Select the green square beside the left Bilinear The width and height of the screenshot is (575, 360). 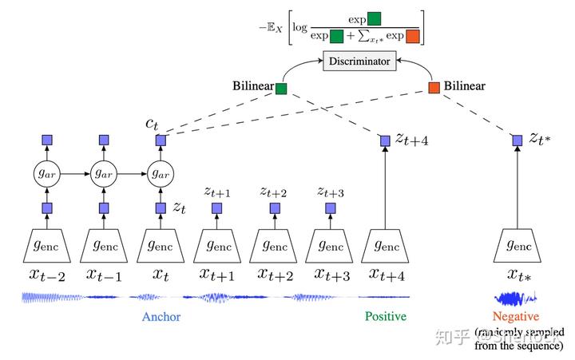click(x=281, y=88)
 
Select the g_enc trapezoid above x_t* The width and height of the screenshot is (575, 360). click(x=517, y=243)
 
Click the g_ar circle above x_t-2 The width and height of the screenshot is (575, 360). click(x=46, y=173)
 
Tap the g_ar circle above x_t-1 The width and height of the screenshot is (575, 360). click(x=103, y=173)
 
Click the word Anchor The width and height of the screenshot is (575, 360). click(x=161, y=317)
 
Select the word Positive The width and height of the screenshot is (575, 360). click(x=385, y=317)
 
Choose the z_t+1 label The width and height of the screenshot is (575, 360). click(x=217, y=192)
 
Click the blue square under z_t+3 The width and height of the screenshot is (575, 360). click(x=329, y=208)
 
